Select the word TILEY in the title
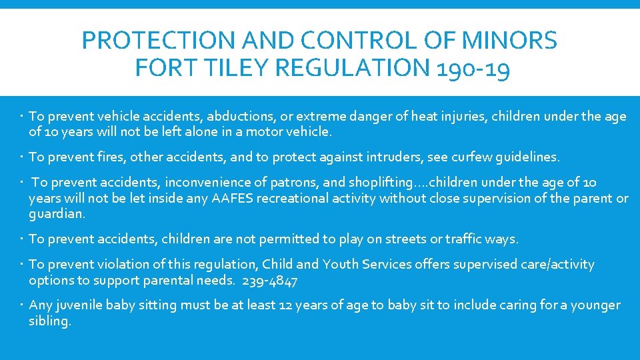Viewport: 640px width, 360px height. coord(215,68)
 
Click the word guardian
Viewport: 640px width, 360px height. coord(56,215)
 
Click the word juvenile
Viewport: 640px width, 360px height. coord(81,305)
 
